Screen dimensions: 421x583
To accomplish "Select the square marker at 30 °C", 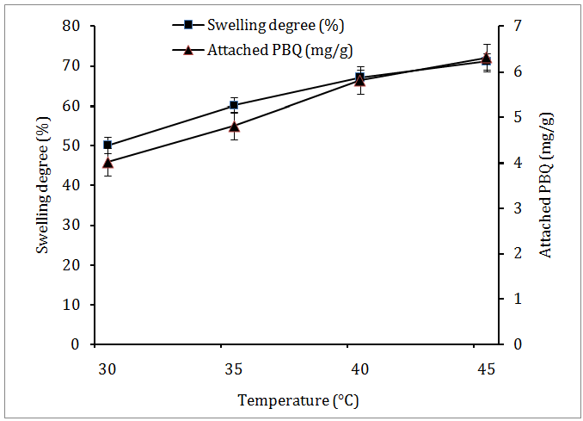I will tap(107, 145).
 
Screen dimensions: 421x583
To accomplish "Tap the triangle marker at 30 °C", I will tap(107, 162).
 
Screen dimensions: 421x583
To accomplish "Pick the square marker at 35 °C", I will tap(234, 105).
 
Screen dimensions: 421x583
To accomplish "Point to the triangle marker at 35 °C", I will tap(234, 126).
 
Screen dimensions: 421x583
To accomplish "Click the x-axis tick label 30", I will tap(107, 368).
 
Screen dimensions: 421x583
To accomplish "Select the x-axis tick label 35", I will tap(234, 368).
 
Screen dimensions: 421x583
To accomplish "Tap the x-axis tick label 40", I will tap(360, 368).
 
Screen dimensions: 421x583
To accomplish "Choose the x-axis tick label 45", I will tap(486, 368).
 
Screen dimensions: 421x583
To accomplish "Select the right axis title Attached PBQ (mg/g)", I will tap(546, 185).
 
